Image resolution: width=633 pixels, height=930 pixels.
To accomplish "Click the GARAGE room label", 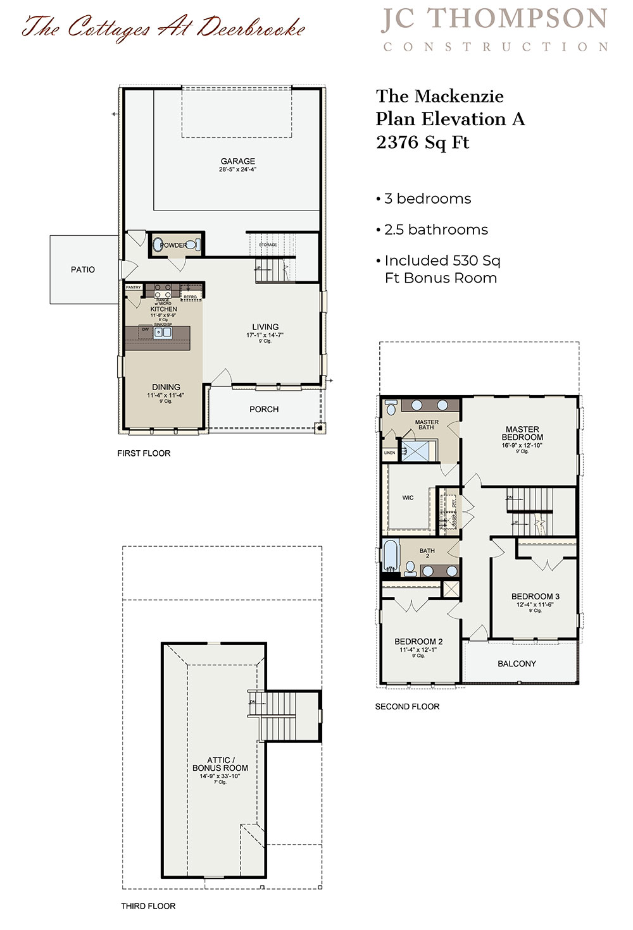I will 238,161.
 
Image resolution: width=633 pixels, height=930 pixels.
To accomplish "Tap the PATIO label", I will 83,269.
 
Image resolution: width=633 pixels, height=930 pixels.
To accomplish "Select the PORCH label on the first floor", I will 264,409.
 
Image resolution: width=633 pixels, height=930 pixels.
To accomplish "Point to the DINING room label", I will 166,387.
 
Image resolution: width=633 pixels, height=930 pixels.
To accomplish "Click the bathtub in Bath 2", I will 390,556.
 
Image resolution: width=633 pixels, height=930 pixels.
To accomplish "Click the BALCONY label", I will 517,663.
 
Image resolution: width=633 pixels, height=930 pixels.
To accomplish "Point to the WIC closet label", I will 408,498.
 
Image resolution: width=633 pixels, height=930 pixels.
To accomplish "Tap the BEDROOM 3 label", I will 535,596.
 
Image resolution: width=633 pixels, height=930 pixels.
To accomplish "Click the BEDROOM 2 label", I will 418,641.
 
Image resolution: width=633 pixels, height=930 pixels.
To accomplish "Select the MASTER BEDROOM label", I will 522,433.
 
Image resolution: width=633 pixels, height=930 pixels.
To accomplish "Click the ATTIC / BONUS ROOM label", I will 220,764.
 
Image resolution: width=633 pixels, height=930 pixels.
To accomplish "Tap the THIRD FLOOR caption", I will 148,906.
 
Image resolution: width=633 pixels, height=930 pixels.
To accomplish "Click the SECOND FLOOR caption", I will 407,706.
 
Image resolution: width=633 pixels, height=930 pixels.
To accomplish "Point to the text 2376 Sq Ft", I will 422,142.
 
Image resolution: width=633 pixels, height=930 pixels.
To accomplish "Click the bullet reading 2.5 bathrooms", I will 436,229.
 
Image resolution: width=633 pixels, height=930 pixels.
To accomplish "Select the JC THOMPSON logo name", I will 494,19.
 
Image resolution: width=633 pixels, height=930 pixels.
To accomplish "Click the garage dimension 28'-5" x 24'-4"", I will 238,169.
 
